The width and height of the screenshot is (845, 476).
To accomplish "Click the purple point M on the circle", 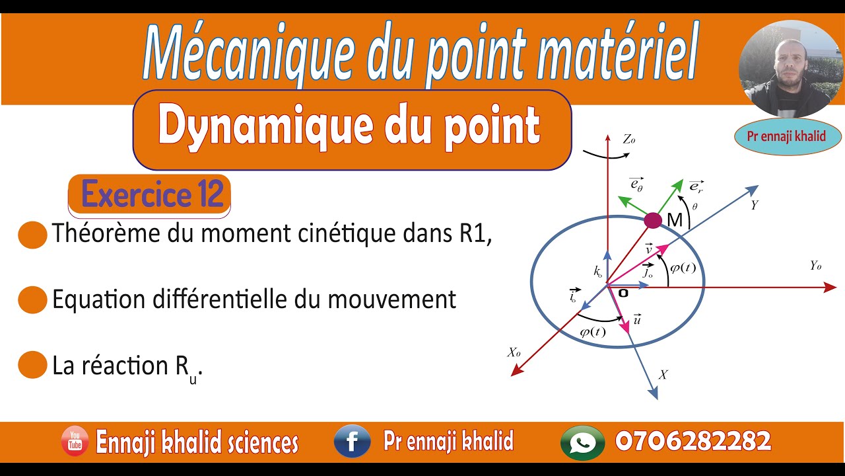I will tap(652, 220).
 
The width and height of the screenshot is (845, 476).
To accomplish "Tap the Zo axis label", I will tap(628, 139).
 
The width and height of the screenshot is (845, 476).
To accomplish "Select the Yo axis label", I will tap(815, 266).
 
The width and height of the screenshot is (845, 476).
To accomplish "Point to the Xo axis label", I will tap(514, 353).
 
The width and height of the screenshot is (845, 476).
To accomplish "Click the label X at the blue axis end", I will tap(663, 375).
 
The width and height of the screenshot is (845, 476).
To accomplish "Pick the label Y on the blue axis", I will tap(754, 206).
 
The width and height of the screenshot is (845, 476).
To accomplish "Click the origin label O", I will tap(622, 292).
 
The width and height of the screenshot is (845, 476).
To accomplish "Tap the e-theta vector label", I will tap(636, 184).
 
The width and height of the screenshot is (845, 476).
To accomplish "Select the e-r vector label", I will tap(696, 186).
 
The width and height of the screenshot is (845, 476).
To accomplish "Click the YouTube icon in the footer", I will tap(75, 442).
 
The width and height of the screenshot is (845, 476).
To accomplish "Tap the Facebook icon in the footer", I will tap(352, 442).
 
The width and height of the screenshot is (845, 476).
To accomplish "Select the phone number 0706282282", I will tap(693, 441).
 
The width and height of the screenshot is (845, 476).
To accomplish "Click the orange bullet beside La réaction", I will tap(32, 366).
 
